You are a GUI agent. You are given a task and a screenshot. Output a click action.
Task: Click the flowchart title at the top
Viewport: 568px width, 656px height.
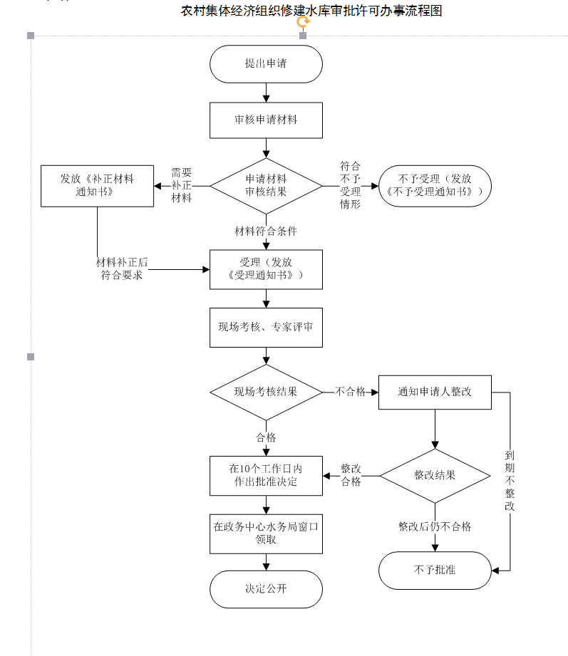(x=311, y=11)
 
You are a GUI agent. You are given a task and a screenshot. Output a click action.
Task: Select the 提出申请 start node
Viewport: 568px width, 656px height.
(x=266, y=64)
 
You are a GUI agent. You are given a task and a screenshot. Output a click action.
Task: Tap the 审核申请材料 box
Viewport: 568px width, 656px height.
(x=266, y=120)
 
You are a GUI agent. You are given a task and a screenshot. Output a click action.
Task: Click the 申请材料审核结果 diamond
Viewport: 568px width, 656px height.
(x=266, y=185)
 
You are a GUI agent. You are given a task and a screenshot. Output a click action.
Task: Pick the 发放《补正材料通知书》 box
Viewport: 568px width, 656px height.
(x=97, y=185)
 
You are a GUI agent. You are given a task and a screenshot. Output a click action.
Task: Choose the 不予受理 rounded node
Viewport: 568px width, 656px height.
(x=435, y=185)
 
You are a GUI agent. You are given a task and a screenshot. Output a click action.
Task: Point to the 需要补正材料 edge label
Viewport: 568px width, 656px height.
(x=182, y=185)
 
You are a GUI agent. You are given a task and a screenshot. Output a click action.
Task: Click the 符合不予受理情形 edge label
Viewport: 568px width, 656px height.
(x=351, y=184)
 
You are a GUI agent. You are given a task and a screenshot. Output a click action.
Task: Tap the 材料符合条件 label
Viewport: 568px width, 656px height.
(x=266, y=231)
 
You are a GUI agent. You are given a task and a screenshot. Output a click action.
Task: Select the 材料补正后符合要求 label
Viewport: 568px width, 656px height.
(x=122, y=269)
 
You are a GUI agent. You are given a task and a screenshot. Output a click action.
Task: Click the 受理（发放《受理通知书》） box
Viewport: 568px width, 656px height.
(x=266, y=269)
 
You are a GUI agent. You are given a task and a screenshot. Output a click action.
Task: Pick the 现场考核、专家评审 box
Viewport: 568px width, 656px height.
(x=266, y=328)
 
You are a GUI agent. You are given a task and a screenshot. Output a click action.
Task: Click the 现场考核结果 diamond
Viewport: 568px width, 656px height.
(x=266, y=392)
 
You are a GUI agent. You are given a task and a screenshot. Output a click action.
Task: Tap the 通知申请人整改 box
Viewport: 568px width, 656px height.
(x=435, y=392)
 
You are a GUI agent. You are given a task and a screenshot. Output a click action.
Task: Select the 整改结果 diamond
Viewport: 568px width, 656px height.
(x=435, y=475)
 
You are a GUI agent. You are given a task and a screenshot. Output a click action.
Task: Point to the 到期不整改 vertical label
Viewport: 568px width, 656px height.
(x=510, y=481)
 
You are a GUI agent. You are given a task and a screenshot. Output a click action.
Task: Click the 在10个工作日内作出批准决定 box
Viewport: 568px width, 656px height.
(x=266, y=475)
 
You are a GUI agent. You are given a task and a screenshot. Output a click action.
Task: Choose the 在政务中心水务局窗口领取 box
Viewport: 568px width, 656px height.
(x=266, y=533)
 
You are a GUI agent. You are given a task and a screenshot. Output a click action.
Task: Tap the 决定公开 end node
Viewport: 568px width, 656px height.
(x=266, y=589)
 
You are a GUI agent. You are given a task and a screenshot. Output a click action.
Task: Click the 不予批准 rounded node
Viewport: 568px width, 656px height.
(x=435, y=570)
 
